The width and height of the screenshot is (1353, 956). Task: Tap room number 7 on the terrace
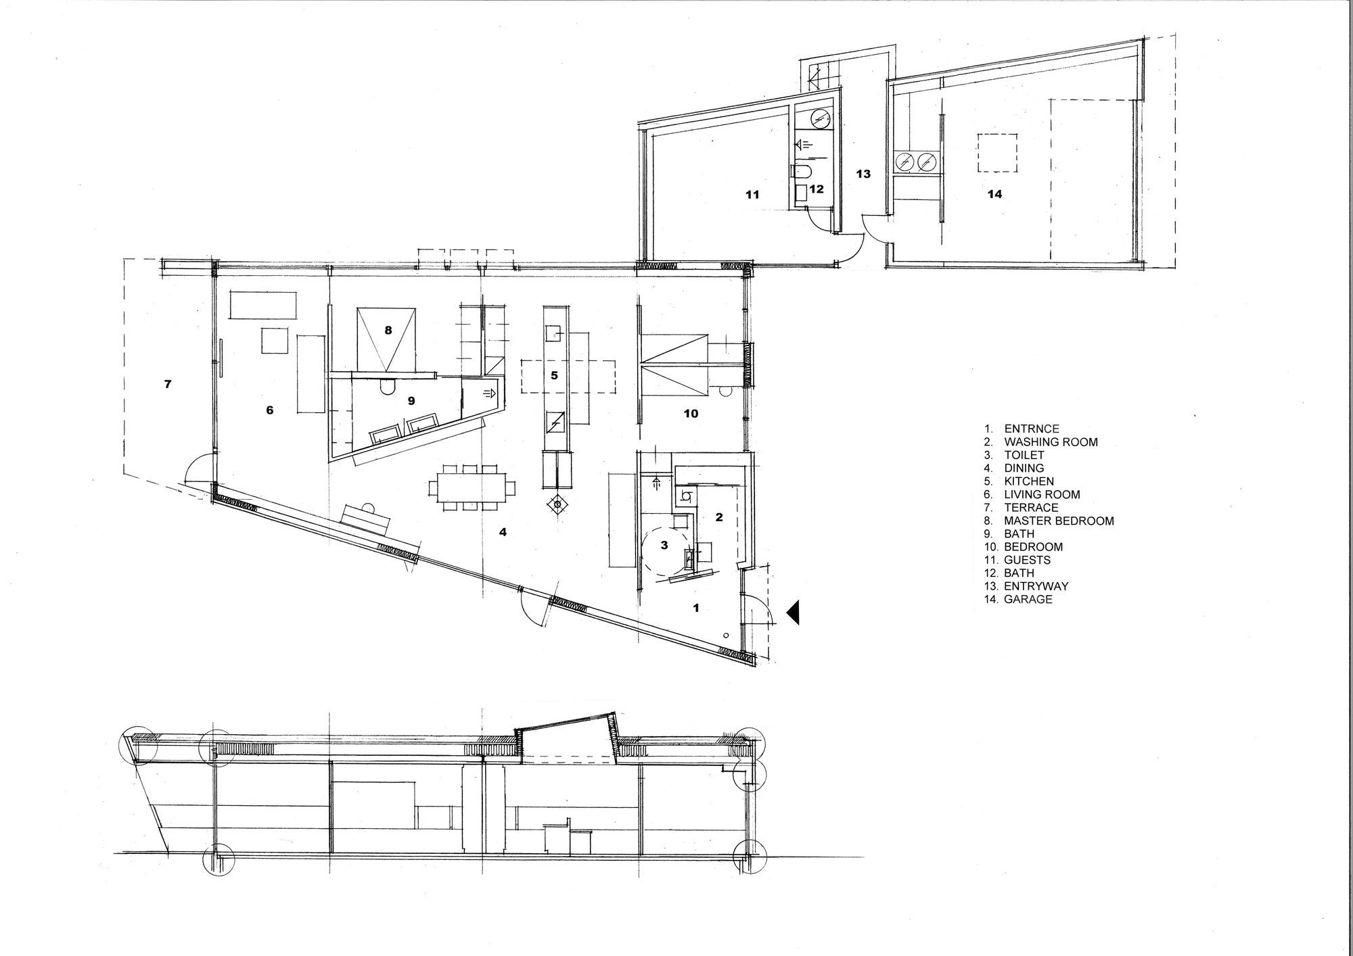[x=168, y=384]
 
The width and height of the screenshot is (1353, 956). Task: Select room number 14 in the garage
[x=994, y=194]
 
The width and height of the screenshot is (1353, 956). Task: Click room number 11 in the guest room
[x=752, y=195]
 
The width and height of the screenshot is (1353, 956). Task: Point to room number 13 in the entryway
[x=863, y=174]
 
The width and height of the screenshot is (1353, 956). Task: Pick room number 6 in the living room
[x=270, y=410]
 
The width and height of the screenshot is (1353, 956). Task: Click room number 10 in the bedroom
[x=691, y=414]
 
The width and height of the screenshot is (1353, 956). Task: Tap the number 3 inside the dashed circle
[x=664, y=545]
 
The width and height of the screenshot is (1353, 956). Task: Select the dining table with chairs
[x=472, y=487]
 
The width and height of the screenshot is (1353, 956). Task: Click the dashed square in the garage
[x=997, y=153]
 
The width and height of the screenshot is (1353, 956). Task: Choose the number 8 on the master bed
[x=388, y=331]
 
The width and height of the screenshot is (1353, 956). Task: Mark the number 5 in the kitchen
[x=554, y=375]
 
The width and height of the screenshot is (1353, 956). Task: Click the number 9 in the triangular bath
[x=411, y=401]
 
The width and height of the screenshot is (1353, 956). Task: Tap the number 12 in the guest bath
[x=817, y=189]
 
